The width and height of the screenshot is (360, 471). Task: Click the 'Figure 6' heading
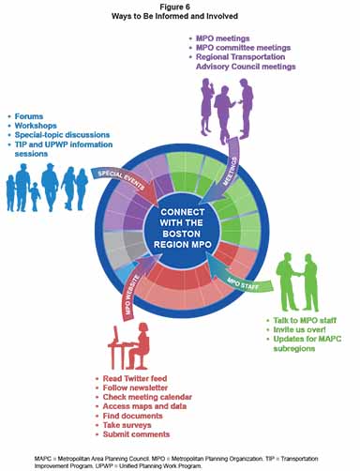pos(180,7)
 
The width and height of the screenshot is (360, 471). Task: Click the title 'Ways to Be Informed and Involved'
pos(180,17)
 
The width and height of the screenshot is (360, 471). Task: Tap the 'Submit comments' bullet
pos(140,434)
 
